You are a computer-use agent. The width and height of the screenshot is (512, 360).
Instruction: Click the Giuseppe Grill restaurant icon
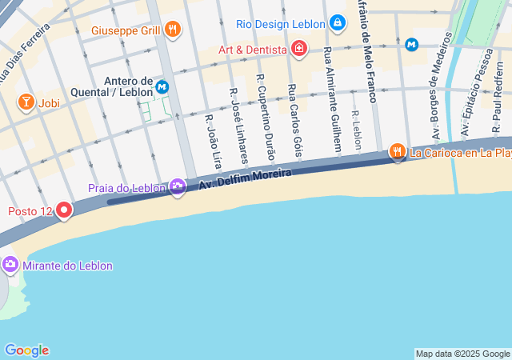click(173, 30)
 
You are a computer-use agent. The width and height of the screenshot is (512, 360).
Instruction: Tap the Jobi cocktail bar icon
click(26, 102)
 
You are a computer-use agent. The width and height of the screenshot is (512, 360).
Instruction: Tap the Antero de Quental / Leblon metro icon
click(163, 86)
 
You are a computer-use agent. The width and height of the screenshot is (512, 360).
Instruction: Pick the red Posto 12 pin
click(63, 210)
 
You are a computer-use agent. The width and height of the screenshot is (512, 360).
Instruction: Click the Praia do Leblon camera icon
click(178, 188)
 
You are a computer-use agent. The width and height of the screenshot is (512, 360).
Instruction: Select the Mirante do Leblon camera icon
click(10, 264)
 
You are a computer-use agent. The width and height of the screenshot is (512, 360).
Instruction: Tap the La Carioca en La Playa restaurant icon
click(397, 151)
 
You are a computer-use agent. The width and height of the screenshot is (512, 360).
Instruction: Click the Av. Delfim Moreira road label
click(245, 178)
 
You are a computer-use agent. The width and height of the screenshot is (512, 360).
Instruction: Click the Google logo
click(26, 350)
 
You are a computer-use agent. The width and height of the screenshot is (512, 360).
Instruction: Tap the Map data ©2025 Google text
click(462, 354)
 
